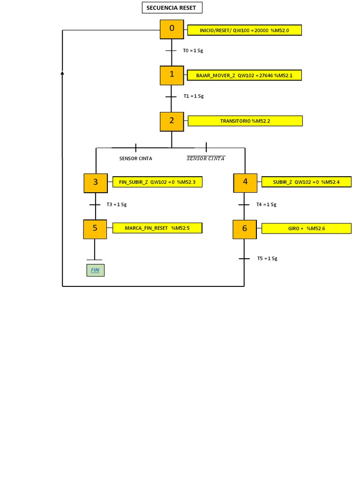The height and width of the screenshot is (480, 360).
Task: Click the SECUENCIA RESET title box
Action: point(172,8)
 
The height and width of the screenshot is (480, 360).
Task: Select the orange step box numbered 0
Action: point(172,29)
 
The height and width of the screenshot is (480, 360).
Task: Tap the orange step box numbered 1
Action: point(172,75)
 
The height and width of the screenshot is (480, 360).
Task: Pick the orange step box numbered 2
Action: point(172,121)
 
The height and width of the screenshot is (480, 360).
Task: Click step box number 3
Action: point(96,183)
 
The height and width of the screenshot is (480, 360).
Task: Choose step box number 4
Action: point(245,183)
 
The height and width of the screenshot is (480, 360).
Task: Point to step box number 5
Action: point(95,229)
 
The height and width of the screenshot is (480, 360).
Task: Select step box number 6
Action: point(244,229)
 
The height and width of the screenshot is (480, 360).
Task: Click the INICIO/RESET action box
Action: point(244,30)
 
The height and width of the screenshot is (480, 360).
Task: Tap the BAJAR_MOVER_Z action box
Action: point(244,75)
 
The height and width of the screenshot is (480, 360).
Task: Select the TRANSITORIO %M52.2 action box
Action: point(245,121)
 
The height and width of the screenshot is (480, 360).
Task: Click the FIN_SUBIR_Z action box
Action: point(157,182)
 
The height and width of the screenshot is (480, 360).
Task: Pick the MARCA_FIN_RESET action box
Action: point(157,228)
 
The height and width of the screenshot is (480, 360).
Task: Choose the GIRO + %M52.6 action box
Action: point(306,228)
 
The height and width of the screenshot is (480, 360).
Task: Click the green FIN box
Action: point(95,270)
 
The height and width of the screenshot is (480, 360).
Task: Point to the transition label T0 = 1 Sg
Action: point(193,51)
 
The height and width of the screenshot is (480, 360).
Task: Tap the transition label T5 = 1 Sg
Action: point(267,258)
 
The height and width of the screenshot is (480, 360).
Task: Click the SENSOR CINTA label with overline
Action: point(206,158)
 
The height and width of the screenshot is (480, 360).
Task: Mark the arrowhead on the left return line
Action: point(62,73)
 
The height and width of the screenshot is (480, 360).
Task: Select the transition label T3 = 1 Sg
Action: point(116,205)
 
